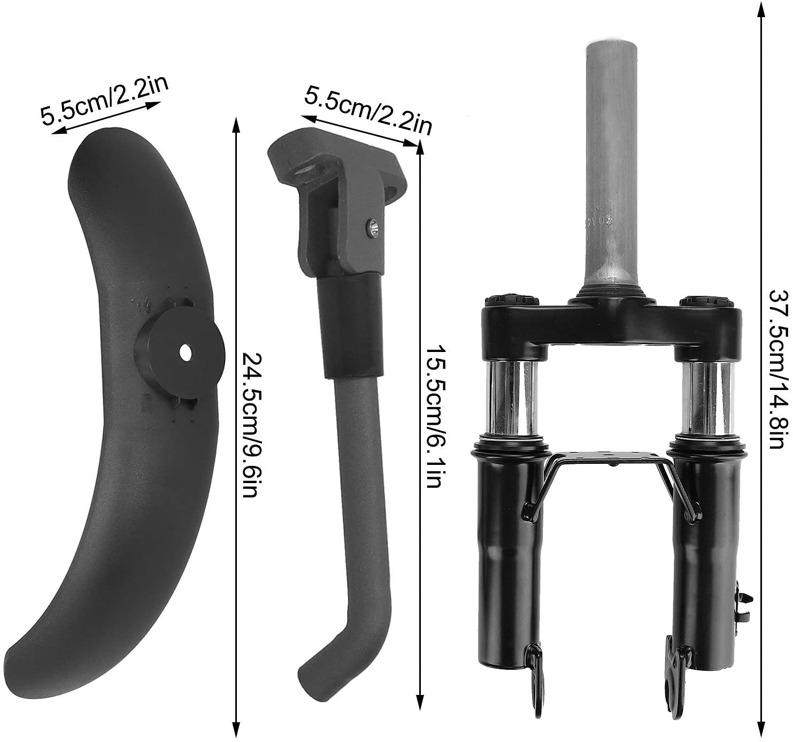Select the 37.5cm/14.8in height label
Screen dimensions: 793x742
click(779, 370)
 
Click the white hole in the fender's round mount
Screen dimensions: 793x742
click(185, 352)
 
